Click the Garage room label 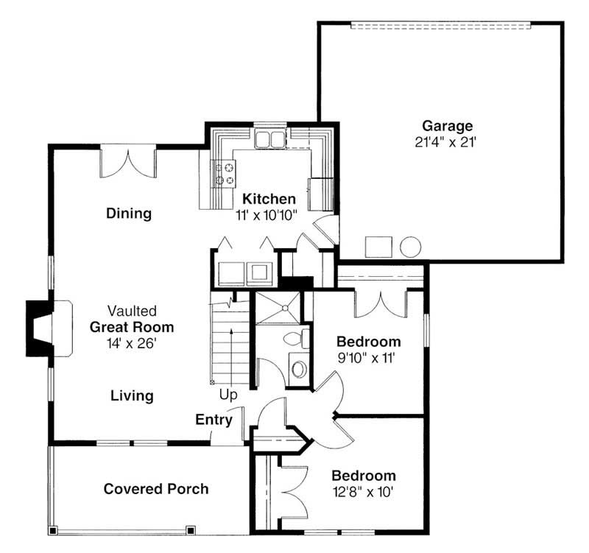(x=447, y=126)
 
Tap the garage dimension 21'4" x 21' (x=447, y=141)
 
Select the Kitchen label (x=269, y=199)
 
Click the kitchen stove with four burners (x=224, y=174)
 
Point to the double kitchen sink (x=269, y=138)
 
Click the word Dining (x=128, y=214)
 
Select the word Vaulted (x=132, y=311)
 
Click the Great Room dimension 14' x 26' (x=132, y=342)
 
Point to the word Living (x=132, y=396)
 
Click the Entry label (x=214, y=420)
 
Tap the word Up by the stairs (x=228, y=395)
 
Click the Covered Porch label (x=156, y=489)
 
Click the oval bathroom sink (x=298, y=367)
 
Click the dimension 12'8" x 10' (x=363, y=491)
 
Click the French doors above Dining (x=128, y=162)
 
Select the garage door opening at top (x=440, y=26)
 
